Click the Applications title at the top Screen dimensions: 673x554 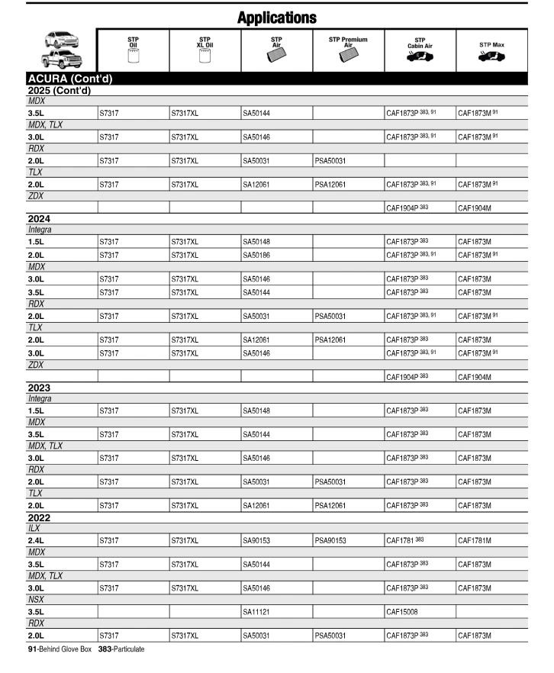pos(276,16)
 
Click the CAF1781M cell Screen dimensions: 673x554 pos(475,540)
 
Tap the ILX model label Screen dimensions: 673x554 pos(34,527)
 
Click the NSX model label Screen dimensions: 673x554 pos(36,599)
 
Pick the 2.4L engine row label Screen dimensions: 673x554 pos(35,540)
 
